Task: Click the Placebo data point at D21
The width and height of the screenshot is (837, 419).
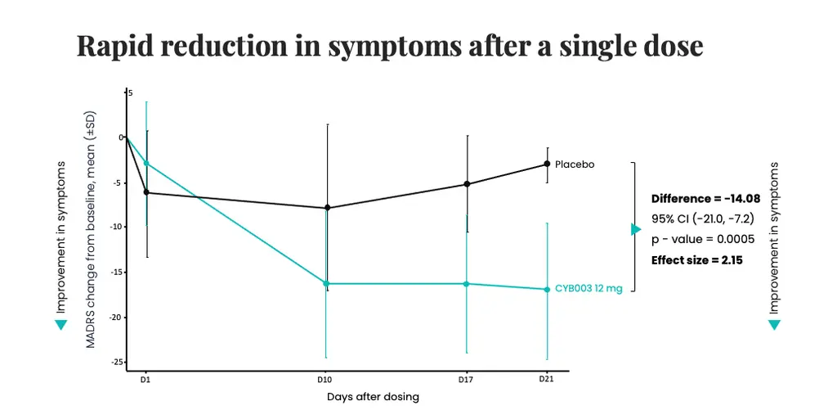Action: coord(547,164)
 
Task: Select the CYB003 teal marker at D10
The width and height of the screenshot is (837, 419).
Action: coord(327,283)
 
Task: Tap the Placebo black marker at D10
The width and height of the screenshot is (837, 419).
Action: coord(327,208)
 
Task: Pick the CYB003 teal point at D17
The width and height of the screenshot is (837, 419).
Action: coord(467,284)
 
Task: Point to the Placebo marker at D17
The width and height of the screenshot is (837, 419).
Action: coord(467,184)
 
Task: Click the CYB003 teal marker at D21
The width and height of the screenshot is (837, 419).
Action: coord(547,289)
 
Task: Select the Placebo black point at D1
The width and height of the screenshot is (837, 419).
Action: coord(146,192)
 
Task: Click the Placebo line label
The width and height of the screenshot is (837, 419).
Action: coord(575,164)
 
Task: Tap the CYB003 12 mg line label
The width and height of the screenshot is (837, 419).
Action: coord(589,289)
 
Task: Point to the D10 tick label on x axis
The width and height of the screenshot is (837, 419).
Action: coord(325,380)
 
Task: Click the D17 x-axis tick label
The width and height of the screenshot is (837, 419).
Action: coord(465,380)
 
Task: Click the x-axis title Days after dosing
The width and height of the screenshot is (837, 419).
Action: coord(373,397)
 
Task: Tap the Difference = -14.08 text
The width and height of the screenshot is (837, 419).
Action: coord(706,199)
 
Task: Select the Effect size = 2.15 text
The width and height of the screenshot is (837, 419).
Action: coord(696,260)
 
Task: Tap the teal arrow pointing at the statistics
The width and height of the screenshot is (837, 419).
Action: coord(636,229)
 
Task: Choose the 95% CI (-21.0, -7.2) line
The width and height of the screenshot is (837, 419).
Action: coord(702,219)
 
